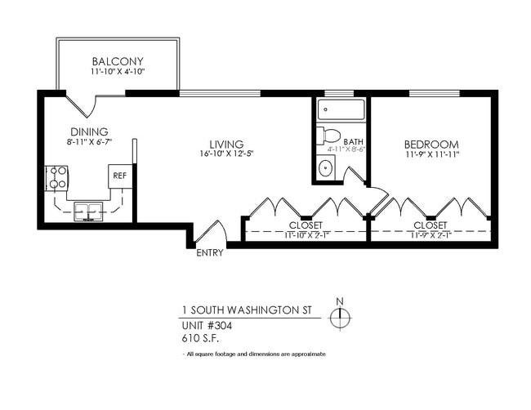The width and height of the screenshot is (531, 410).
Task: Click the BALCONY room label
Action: point(118,61)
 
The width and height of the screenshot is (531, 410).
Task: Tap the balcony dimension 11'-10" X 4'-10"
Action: point(118,73)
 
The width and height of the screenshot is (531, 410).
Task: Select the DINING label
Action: point(88,131)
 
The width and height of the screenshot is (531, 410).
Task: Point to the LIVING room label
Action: point(226,145)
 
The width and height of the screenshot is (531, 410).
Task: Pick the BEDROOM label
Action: point(431,144)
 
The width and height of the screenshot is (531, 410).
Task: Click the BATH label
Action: point(353,141)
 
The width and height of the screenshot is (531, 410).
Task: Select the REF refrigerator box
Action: point(119,176)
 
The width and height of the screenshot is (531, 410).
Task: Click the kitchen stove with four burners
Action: point(56,176)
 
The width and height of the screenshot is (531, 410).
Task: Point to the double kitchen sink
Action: point(87,212)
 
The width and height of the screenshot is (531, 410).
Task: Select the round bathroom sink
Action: point(325,168)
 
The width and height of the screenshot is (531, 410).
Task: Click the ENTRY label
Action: point(210,252)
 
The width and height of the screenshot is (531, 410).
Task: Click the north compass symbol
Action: point(340,318)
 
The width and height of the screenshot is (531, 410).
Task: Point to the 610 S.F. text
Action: point(199,336)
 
